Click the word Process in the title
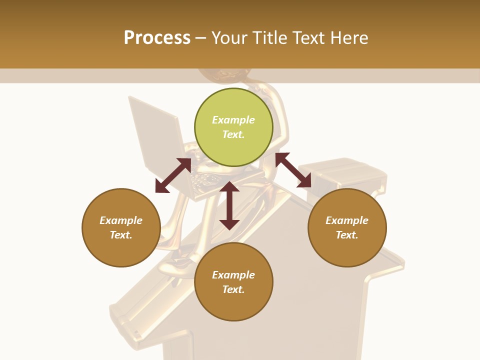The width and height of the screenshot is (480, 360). pos(157,38)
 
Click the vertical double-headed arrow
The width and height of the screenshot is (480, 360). pos(229,205)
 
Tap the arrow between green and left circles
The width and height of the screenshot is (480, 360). pos(173,175)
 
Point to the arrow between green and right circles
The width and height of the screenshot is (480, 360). pos(293,170)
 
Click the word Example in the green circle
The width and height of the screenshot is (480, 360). pos(233,120)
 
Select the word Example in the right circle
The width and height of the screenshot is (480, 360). pos(347,220)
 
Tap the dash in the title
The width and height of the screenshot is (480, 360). pos(201,38)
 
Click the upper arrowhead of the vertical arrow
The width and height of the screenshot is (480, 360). pos(229,187)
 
